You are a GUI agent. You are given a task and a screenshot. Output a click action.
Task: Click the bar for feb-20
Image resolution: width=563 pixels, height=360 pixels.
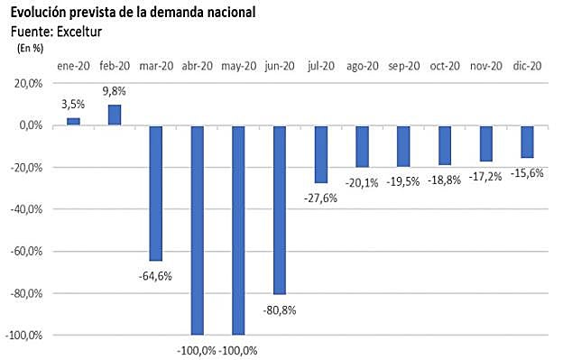pos(115,115)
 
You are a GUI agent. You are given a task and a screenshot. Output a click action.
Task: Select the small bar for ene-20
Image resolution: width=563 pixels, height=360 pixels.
pos(73,122)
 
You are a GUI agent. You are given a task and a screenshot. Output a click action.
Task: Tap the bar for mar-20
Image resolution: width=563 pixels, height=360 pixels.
pos(156,193)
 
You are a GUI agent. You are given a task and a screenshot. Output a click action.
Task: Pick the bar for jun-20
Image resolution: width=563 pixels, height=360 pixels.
pos(280,209)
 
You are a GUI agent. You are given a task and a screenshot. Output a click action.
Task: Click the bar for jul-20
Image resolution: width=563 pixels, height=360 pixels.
pos(321,154)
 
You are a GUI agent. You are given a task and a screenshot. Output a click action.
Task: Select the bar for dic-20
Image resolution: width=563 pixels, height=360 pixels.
pos(527,142)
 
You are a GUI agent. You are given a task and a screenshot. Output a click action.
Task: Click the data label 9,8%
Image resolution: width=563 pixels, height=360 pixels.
pos(115,90)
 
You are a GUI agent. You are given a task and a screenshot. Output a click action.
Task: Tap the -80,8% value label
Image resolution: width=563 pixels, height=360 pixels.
pos(279,309)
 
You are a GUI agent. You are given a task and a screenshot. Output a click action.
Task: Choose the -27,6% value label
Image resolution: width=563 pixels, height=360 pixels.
pos(320,198)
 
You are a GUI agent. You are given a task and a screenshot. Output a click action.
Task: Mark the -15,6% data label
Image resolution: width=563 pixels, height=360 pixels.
pos(527,173)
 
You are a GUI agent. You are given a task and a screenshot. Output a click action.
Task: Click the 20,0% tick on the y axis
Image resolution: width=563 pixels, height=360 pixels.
pos(27,84)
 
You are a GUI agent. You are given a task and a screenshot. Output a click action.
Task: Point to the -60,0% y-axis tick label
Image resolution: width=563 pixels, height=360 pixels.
pos(26,251)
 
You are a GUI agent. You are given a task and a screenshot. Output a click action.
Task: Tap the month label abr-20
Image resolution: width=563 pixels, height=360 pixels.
pos(197,66)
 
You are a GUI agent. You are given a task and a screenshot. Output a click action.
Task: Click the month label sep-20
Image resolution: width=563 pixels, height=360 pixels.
pos(403,66)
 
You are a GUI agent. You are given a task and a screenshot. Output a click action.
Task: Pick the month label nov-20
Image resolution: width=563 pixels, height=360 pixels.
pos(486,66)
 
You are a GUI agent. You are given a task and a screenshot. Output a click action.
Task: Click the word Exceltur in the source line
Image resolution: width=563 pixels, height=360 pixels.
pos(75,32)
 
